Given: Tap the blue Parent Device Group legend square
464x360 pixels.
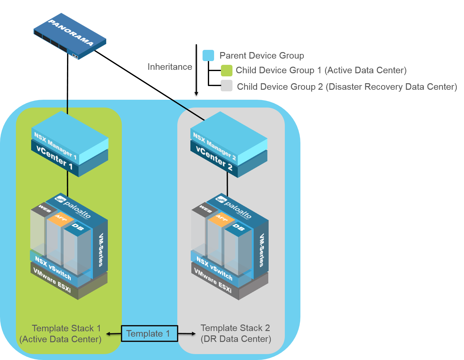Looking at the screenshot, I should click(208, 55).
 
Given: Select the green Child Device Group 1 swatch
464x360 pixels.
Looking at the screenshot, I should click(227, 70).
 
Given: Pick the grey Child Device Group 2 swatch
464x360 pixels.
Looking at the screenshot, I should click(227, 86).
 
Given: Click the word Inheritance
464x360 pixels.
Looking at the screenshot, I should click(170, 67).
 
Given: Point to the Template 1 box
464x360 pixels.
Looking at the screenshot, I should click(149, 334).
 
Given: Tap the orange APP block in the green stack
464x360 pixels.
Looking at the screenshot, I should click(61, 218).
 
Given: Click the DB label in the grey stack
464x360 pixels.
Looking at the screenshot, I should click(238, 228).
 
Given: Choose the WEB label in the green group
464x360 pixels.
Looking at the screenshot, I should click(44, 209).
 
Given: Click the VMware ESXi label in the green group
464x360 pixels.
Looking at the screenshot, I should click(52, 280).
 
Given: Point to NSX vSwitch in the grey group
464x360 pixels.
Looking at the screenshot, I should click(214, 268).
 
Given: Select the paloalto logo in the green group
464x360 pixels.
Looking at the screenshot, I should click(73, 206).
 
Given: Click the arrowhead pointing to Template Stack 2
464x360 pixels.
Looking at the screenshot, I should click(194, 334).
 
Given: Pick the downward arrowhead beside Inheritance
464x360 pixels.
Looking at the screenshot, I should click(196, 93).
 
